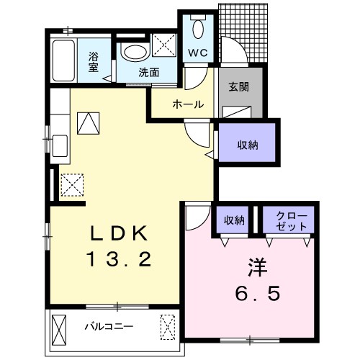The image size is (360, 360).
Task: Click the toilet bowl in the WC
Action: pyautogui.click(x=198, y=29)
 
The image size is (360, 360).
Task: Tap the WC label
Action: pyautogui.click(x=198, y=53)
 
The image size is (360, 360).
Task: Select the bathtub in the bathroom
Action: pyautogui.click(x=63, y=60)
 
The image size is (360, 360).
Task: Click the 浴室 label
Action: pyautogui.click(x=94, y=62)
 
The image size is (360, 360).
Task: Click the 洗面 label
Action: pyautogui.click(x=148, y=72)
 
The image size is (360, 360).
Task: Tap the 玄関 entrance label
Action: pyautogui.click(x=238, y=86)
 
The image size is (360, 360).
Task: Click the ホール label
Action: pyautogui.click(x=189, y=104)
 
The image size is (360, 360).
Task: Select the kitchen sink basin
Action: pyautogui.click(x=60, y=145)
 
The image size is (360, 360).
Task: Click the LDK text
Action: pyautogui.click(x=119, y=233)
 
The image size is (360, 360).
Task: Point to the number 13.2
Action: pyautogui.click(x=120, y=259)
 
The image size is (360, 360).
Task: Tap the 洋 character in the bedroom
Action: pyautogui.click(x=258, y=267)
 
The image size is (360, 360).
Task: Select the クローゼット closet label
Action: pyautogui.click(x=292, y=220)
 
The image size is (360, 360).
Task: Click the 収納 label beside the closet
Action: pyautogui.click(x=234, y=220)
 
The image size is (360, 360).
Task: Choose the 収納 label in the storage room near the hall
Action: pyautogui.click(x=248, y=145)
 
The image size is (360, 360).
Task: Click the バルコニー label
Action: pyautogui.click(x=109, y=326)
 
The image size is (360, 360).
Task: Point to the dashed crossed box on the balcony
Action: pyautogui.click(x=168, y=327)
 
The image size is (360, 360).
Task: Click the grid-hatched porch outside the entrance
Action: pyautogui.click(x=243, y=32)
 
